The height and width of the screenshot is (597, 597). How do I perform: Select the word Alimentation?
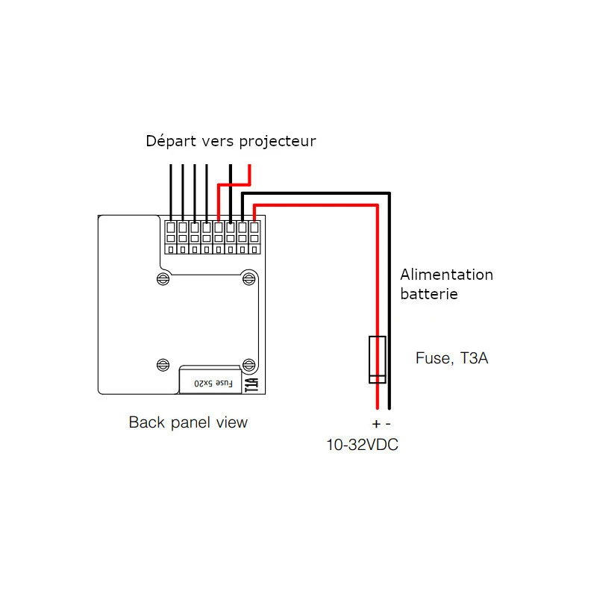tap(446, 275)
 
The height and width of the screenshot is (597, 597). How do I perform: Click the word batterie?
tap(428, 294)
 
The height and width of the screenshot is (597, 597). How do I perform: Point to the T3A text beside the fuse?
tap(474, 358)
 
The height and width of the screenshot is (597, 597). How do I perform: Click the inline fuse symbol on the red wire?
tap(378, 360)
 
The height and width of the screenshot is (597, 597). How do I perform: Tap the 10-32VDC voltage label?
tap(362, 446)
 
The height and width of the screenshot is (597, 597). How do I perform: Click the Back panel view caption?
tap(188, 422)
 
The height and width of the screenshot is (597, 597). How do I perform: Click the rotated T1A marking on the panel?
tap(251, 383)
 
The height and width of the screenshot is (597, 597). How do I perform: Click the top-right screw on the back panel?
tap(248, 278)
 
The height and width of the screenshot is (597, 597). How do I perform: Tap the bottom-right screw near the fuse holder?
tap(248, 364)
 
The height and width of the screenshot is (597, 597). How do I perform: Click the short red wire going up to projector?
tap(249, 174)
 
